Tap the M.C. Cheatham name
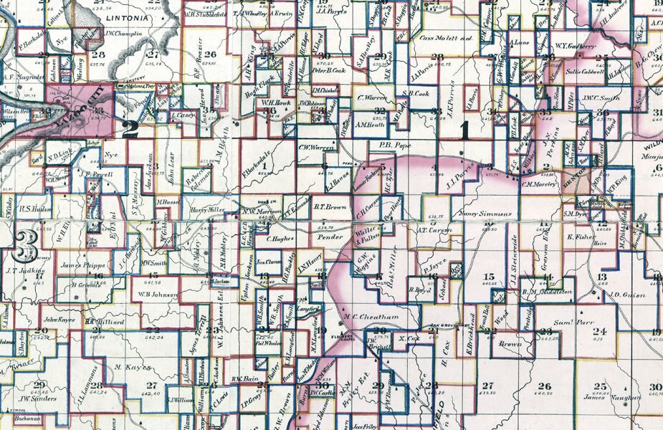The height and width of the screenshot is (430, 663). coord(370,317)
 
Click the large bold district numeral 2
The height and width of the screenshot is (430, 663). coord(131,128)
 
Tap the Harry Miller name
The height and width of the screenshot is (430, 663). coord(208,209)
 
